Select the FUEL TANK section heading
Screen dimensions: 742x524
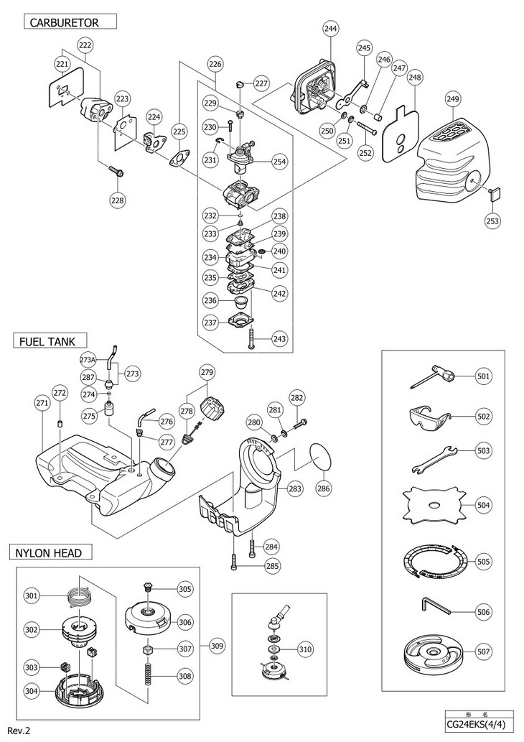(49, 340)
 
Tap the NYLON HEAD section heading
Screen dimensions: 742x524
(50, 552)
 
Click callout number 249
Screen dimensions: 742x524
(452, 98)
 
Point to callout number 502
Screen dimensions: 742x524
(485, 415)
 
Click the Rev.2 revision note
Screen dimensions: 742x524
(19, 730)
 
